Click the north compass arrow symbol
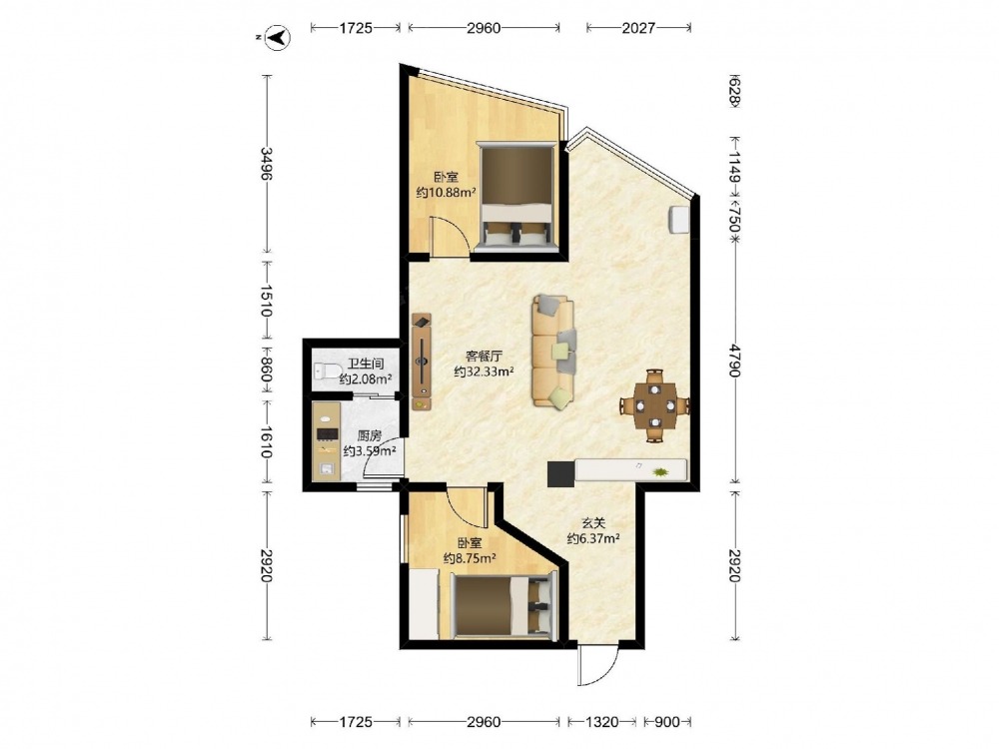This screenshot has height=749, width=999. coord(278,38)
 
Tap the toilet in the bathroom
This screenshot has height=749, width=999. coord(326,371)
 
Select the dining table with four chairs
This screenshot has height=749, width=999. coord(655,405)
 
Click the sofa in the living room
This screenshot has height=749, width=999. coord(553,351)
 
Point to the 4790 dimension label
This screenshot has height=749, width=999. coord(735,361)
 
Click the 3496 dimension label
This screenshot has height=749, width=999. coord(267,164)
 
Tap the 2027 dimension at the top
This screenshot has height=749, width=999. coord(638,27)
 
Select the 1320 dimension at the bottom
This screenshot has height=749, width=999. coord(602,722)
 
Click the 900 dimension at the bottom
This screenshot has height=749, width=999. coord(667,722)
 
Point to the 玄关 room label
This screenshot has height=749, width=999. coord(593,523)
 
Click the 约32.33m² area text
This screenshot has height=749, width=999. coord(485,372)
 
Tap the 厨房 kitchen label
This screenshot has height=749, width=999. coord(370,436)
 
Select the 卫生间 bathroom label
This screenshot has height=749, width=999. coord(366,365)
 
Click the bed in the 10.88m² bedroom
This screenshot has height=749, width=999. coord(516,196)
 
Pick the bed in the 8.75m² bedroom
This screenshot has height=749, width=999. coord(503,606)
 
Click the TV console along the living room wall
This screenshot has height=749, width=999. coord(422,362)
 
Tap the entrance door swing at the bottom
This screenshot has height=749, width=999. coord(597,665)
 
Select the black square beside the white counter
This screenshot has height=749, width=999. coord(561,473)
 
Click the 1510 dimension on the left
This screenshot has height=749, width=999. coord(267,301)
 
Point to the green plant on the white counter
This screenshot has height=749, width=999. coord(660,472)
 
